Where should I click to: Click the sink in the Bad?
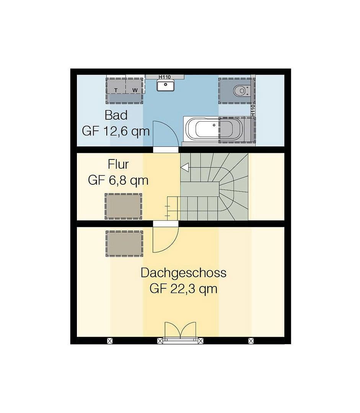pyautogui.click(x=165, y=86)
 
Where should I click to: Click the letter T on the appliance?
pyautogui.click(x=116, y=90)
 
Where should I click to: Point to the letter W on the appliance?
pyautogui.click(x=135, y=90)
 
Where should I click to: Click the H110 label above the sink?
pyautogui.click(x=165, y=77)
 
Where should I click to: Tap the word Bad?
pyautogui.click(x=116, y=115)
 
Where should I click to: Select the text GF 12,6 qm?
pyautogui.click(x=116, y=131)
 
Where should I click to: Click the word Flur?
pyautogui.click(x=118, y=164)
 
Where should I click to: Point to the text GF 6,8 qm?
pyautogui.click(x=118, y=180)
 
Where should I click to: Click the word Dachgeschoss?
pyautogui.click(x=183, y=273)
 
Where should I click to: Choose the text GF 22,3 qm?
pyautogui.click(x=183, y=288)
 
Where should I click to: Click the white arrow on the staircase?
pyautogui.click(x=185, y=167)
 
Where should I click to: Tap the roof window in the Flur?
pyautogui.click(x=123, y=206)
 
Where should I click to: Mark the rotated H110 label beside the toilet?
pyautogui.click(x=253, y=111)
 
